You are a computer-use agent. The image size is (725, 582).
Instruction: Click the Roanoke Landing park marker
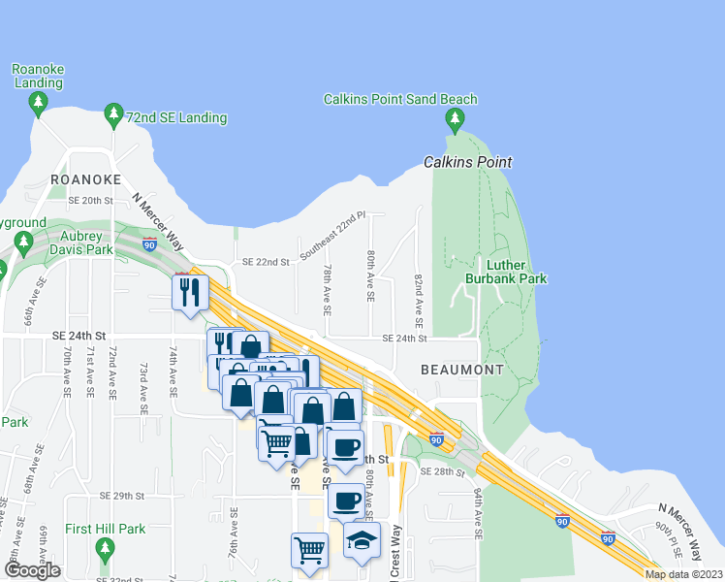coord(38,102)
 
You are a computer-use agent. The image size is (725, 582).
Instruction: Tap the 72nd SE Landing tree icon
coord(114,116)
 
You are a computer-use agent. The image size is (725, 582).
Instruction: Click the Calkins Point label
coord(467,162)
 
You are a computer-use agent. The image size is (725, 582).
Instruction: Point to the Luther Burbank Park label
coord(517,272)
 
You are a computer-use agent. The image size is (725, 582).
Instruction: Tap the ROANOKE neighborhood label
coord(86,179)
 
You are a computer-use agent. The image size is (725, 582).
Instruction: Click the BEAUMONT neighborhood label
coord(462,370)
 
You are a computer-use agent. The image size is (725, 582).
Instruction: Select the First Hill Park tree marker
coord(106,550)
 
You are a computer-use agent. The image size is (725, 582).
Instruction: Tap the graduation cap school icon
coord(362,541)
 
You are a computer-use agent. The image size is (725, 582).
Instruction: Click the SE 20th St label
coord(91,200)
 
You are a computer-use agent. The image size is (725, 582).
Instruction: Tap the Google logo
coord(32,570)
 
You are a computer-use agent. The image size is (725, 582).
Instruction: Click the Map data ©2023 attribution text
coord(682,574)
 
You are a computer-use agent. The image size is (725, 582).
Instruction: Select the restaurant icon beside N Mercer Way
coord(190,292)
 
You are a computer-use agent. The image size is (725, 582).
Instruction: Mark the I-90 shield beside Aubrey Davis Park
coord(149,243)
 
